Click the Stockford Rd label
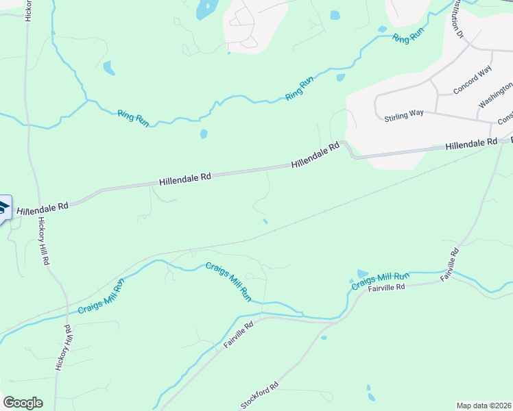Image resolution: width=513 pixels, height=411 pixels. point(260,396)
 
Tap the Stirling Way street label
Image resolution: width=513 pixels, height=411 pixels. point(404,115)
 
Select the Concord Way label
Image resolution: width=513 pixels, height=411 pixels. point(473,82)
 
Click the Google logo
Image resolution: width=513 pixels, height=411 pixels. point(23,403)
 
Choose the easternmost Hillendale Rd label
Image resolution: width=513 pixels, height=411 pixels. point(470,145)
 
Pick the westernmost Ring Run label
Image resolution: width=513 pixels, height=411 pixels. point(133,118)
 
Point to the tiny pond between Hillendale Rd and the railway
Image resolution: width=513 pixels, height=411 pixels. point(265,221)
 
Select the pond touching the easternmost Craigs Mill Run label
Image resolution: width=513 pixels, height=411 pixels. point(362,274)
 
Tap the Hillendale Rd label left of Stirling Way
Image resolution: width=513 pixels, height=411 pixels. point(315,156)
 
